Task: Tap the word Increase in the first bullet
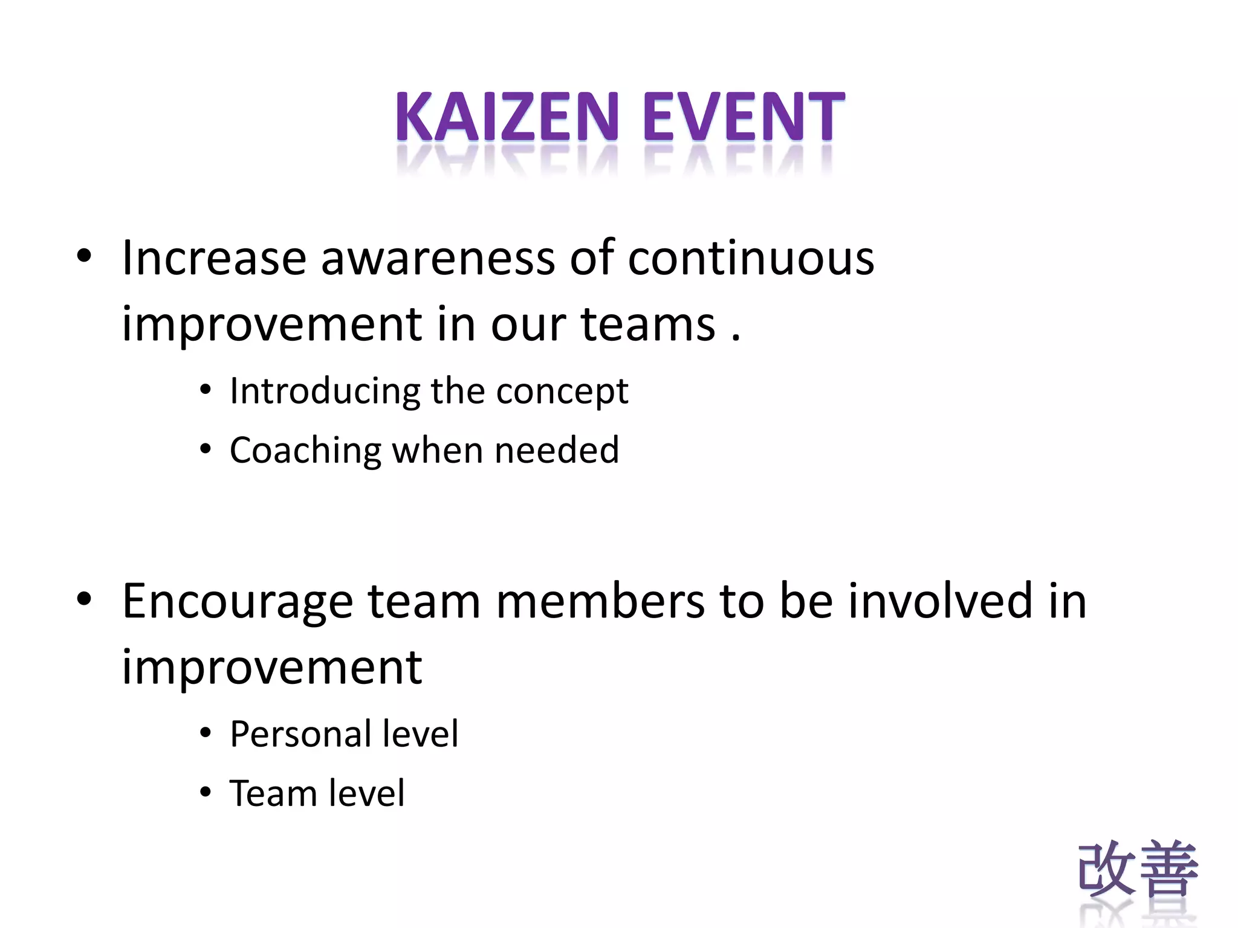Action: click(x=214, y=259)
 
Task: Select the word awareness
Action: click(x=437, y=259)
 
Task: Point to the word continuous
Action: click(x=750, y=259)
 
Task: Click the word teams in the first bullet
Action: click(x=647, y=324)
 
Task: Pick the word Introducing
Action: click(x=325, y=391)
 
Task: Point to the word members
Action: click(x=600, y=601)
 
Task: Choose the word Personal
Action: click(x=300, y=734)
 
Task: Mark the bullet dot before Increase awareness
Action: click(x=84, y=256)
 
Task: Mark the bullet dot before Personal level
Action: click(x=206, y=733)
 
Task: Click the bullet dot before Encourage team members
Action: click(x=84, y=599)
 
